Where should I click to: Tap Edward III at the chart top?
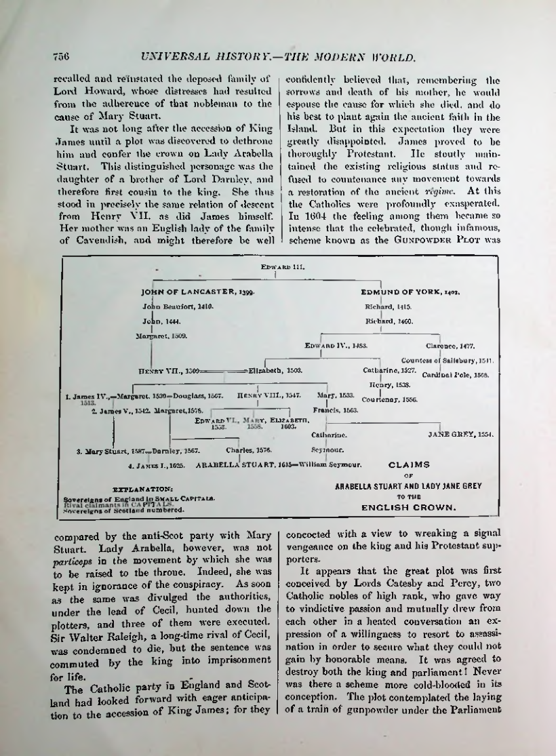[x=275, y=267]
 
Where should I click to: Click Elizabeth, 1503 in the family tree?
[x=275, y=371]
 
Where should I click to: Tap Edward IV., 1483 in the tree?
[x=336, y=346]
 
